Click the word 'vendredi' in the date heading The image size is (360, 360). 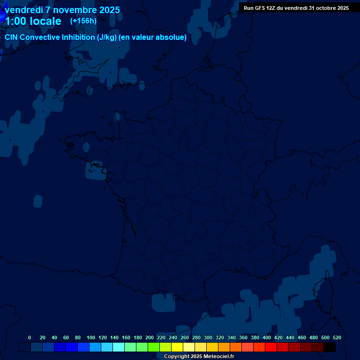[x=23, y=10]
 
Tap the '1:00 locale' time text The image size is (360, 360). [x=33, y=21]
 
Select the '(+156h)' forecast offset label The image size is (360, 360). [x=83, y=21]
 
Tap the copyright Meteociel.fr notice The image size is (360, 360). [x=199, y=356]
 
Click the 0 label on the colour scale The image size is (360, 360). [x=30, y=337]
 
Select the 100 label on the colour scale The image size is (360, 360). [x=91, y=337]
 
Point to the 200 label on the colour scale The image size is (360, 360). [x=150, y=337]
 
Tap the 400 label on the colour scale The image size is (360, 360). [x=267, y=337]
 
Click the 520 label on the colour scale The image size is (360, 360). [x=337, y=337]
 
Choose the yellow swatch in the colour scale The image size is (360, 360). [x=177, y=347]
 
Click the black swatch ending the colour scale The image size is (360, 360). [x=330, y=347]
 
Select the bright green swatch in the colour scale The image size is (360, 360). [x=154, y=347]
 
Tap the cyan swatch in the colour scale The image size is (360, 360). [x=119, y=347]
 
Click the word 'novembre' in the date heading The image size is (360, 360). [x=74, y=10]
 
